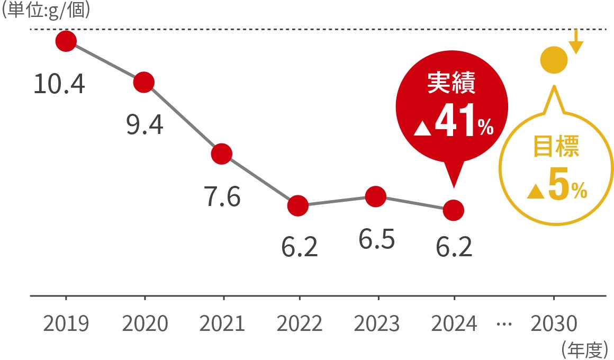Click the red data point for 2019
click(x=66, y=41)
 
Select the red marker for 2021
click(x=221, y=154)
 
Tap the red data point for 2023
click(x=375, y=196)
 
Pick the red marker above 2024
click(x=454, y=210)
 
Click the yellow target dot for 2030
click(x=554, y=60)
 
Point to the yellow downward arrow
click(x=576, y=42)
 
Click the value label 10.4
click(x=59, y=84)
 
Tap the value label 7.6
click(x=222, y=197)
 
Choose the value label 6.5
click(x=376, y=240)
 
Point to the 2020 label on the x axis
click(x=145, y=323)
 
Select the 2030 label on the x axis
click(x=554, y=323)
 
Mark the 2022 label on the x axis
click(x=300, y=323)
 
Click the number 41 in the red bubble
click(x=453, y=123)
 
